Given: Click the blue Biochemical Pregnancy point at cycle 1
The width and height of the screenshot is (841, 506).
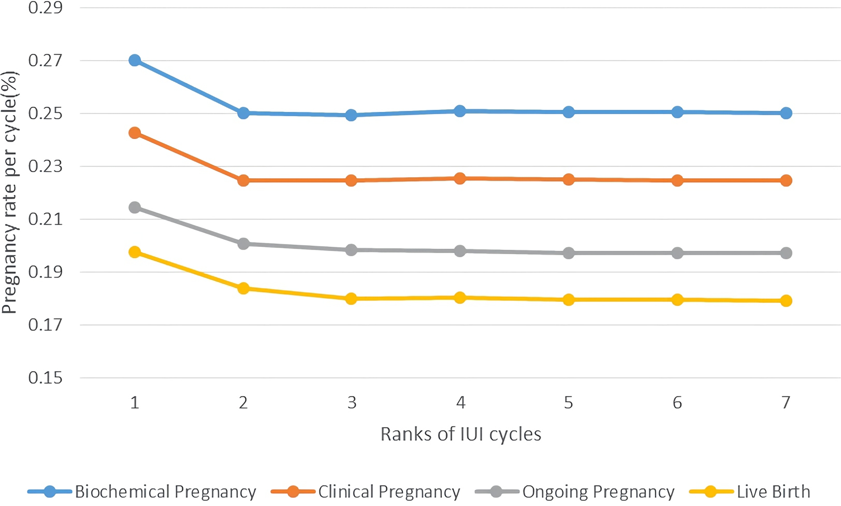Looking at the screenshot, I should [x=135, y=61].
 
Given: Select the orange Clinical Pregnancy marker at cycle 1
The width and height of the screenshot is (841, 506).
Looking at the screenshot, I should [x=135, y=133].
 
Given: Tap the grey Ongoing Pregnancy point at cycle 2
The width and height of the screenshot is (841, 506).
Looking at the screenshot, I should [x=243, y=244].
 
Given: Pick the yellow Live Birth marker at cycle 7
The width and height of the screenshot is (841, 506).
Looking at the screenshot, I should [x=786, y=301].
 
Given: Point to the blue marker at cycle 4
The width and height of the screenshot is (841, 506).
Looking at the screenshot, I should [x=460, y=111].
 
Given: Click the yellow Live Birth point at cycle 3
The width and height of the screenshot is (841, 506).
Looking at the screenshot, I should [x=351, y=299].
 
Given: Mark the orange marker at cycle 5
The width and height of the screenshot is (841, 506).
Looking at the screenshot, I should [x=569, y=179].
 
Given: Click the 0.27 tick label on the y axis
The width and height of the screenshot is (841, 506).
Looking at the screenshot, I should [x=45, y=61].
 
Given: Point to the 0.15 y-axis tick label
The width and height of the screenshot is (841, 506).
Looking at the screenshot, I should [x=45, y=378].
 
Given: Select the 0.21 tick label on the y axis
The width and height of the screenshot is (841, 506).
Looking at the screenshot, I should [x=45, y=219].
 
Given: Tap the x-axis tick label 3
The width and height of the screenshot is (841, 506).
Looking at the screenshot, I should [x=352, y=403].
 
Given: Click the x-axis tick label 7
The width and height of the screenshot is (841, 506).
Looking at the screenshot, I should [x=786, y=403].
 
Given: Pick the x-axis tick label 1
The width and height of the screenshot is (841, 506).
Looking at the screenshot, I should [x=135, y=403].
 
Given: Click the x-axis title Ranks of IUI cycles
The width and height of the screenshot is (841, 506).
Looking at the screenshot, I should [x=461, y=434].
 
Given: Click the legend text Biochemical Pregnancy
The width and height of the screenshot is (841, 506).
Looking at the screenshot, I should [x=166, y=492].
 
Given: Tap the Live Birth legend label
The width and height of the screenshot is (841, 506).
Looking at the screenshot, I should [x=774, y=492].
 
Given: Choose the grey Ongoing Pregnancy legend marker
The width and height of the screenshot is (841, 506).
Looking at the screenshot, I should [x=497, y=492].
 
